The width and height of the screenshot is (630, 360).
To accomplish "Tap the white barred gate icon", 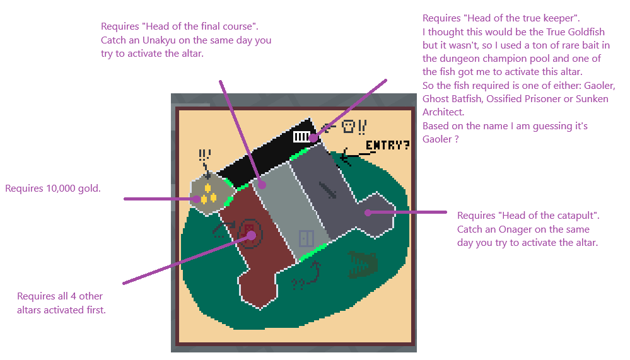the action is click(301, 137).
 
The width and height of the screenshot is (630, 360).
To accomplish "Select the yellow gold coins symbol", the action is click(208, 194).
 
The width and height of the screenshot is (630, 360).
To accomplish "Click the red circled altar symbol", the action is click(250, 233).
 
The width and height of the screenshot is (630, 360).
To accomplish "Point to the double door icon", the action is click(306, 239).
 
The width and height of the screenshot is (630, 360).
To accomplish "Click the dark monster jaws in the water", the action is click(363, 264).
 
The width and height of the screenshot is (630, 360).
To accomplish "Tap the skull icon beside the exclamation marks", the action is click(348, 127).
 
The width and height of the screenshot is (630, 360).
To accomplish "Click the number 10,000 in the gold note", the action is click(61, 189).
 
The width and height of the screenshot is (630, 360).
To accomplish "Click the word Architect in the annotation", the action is click(443, 112).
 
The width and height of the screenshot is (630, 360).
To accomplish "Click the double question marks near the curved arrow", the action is click(298, 284).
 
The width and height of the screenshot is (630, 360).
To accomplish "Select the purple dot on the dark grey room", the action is click(368, 212).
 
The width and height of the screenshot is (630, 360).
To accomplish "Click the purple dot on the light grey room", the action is click(262, 185).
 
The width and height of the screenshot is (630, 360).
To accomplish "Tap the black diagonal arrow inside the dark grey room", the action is click(328, 190).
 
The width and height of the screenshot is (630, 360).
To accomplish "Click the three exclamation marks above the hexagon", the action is click(204, 154).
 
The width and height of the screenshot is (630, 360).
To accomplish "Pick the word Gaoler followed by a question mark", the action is click(437, 139).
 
